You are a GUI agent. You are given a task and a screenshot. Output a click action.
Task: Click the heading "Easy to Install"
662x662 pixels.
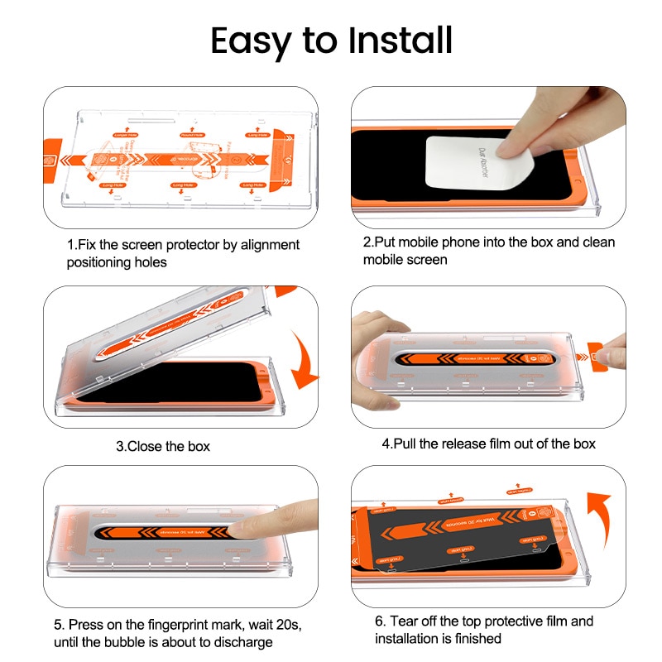(331, 41)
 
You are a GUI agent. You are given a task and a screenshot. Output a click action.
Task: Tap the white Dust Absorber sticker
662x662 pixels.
(456, 165)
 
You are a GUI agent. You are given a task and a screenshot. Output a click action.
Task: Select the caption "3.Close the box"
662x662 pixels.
(163, 446)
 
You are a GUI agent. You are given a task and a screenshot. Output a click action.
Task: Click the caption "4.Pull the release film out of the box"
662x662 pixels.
(488, 444)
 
